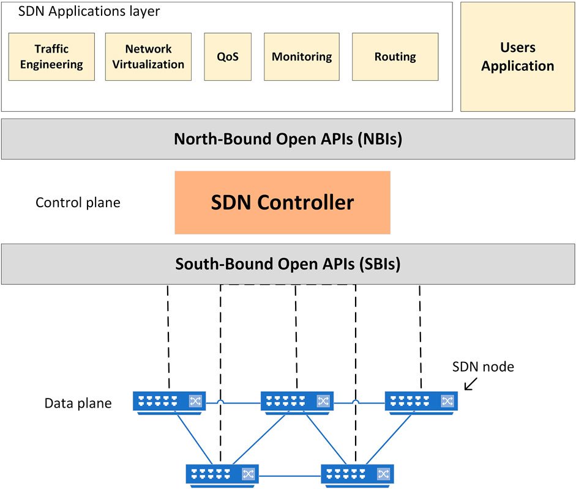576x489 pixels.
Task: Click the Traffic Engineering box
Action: (51, 56)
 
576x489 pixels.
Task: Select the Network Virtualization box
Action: (148, 56)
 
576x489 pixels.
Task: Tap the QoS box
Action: (228, 56)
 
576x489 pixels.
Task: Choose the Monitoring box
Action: (302, 56)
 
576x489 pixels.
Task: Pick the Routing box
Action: (395, 56)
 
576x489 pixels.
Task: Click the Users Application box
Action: (518, 57)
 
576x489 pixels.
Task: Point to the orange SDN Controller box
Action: (282, 202)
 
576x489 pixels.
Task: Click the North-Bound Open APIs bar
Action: (288, 139)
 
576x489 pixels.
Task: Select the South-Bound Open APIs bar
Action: (288, 264)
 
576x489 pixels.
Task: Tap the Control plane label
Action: (78, 202)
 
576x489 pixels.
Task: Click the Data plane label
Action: (78, 403)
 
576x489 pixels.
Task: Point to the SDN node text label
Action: (483, 367)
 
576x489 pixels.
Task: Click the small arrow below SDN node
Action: (471, 384)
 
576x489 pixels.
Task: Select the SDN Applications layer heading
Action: (89, 12)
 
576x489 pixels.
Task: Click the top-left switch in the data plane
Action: (170, 403)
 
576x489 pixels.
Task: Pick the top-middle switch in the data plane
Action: (297, 403)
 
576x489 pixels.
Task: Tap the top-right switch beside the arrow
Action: (421, 403)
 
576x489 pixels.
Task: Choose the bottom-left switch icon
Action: (222, 476)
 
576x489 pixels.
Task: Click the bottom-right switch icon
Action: (357, 476)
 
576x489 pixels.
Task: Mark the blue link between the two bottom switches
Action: (290, 476)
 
